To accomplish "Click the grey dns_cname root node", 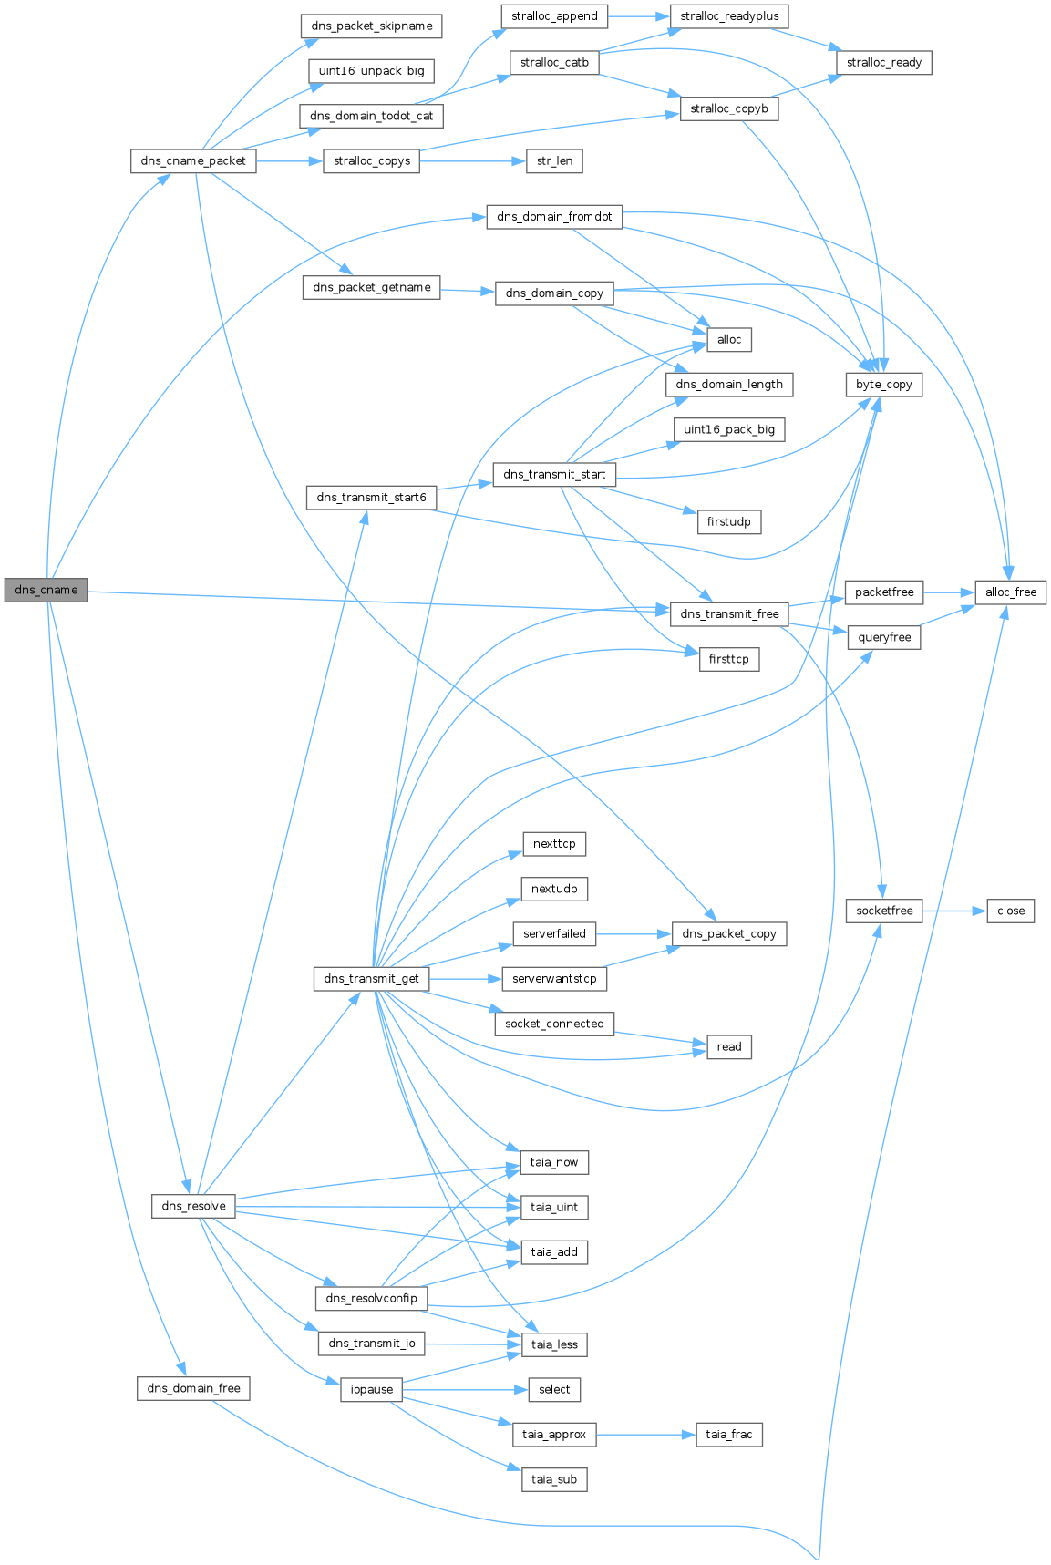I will pyautogui.click(x=46, y=590).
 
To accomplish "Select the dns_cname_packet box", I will pyautogui.click(x=192, y=160).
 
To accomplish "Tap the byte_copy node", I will pyautogui.click(x=883, y=384).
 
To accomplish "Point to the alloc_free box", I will pyautogui.click(x=1011, y=592).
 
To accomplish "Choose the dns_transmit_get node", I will pyautogui.click(x=371, y=978).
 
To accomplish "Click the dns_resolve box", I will pyautogui.click(x=193, y=1206).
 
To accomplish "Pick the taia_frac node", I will pyautogui.click(x=728, y=1434).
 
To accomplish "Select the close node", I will pyautogui.click(x=1011, y=911).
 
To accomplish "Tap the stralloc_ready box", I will pyautogui.click(x=883, y=63).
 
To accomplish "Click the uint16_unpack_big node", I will pyautogui.click(x=371, y=71).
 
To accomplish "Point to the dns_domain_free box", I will pyautogui.click(x=193, y=1388).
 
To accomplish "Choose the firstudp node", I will pyautogui.click(x=728, y=522).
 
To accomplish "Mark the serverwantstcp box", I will pyautogui.click(x=554, y=978).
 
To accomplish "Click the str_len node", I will pyautogui.click(x=554, y=160).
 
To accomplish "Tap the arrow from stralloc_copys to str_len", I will pyautogui.click(x=473, y=160).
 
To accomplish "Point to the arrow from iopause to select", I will pyautogui.click(x=465, y=1389).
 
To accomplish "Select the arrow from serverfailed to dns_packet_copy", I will pyautogui.click(x=634, y=933).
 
